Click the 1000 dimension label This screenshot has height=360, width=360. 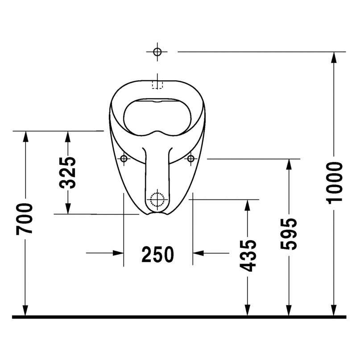(x=334, y=183)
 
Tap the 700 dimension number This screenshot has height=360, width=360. (x=25, y=219)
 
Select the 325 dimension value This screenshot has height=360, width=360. (x=67, y=173)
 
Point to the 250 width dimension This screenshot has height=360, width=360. (x=158, y=254)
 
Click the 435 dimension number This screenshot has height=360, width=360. (x=248, y=256)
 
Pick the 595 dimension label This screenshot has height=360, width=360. (x=289, y=234)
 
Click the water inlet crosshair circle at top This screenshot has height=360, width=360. (x=157, y=52)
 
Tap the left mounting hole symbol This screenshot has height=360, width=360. (x=124, y=158)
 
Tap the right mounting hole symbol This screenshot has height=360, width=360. (x=191, y=158)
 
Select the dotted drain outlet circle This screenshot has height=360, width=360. (x=157, y=199)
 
